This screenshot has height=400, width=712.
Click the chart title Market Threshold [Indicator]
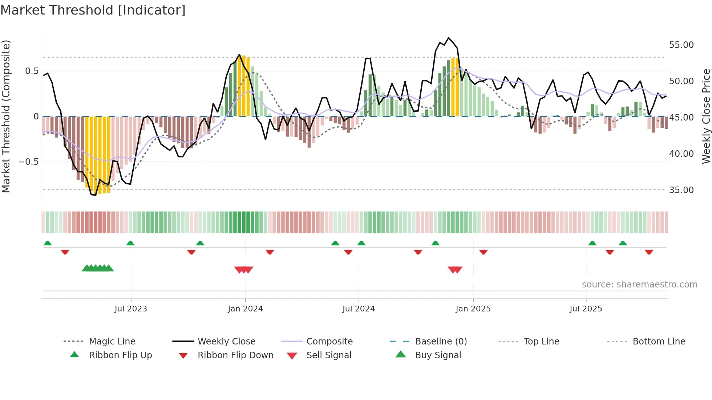pyautogui.click(x=93, y=10)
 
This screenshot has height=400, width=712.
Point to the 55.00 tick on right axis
pyautogui.click(x=681, y=45)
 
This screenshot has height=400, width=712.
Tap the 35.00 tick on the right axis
pyautogui.click(x=681, y=190)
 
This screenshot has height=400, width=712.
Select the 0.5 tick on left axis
pyautogui.click(x=32, y=71)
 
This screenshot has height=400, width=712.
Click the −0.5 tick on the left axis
pyautogui.click(x=29, y=162)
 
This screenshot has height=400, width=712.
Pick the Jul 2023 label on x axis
pyautogui.click(x=131, y=309)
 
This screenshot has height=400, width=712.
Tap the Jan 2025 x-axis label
pyautogui.click(x=473, y=309)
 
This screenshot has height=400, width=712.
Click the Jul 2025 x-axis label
pyautogui.click(x=586, y=309)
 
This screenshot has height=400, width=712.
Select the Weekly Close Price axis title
pyautogui.click(x=706, y=116)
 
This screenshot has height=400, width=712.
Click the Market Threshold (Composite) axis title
pyautogui.click(x=6, y=116)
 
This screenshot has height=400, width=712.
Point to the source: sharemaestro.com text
pyautogui.click(x=639, y=285)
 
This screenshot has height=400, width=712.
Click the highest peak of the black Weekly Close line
pyautogui.click(x=449, y=38)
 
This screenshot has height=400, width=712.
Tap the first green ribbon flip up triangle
pyautogui.click(x=48, y=243)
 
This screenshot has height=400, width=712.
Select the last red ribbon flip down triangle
pyautogui.click(x=649, y=252)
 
